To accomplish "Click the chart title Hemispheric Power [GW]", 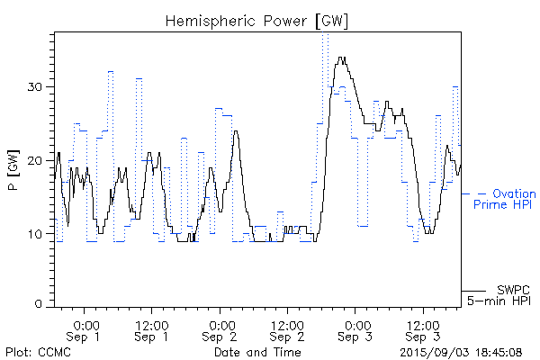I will [x=256, y=20].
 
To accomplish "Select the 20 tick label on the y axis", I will [x=40, y=161].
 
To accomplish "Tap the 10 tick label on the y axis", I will [x=40, y=235].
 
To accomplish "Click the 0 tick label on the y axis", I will [x=43, y=304].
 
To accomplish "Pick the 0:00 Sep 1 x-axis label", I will [x=85, y=330].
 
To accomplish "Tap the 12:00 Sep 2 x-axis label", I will [x=286, y=330].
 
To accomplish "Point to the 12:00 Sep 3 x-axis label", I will [x=421, y=330].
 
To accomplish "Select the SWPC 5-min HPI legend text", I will [x=503, y=294].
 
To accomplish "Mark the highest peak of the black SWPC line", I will [x=341, y=58].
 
